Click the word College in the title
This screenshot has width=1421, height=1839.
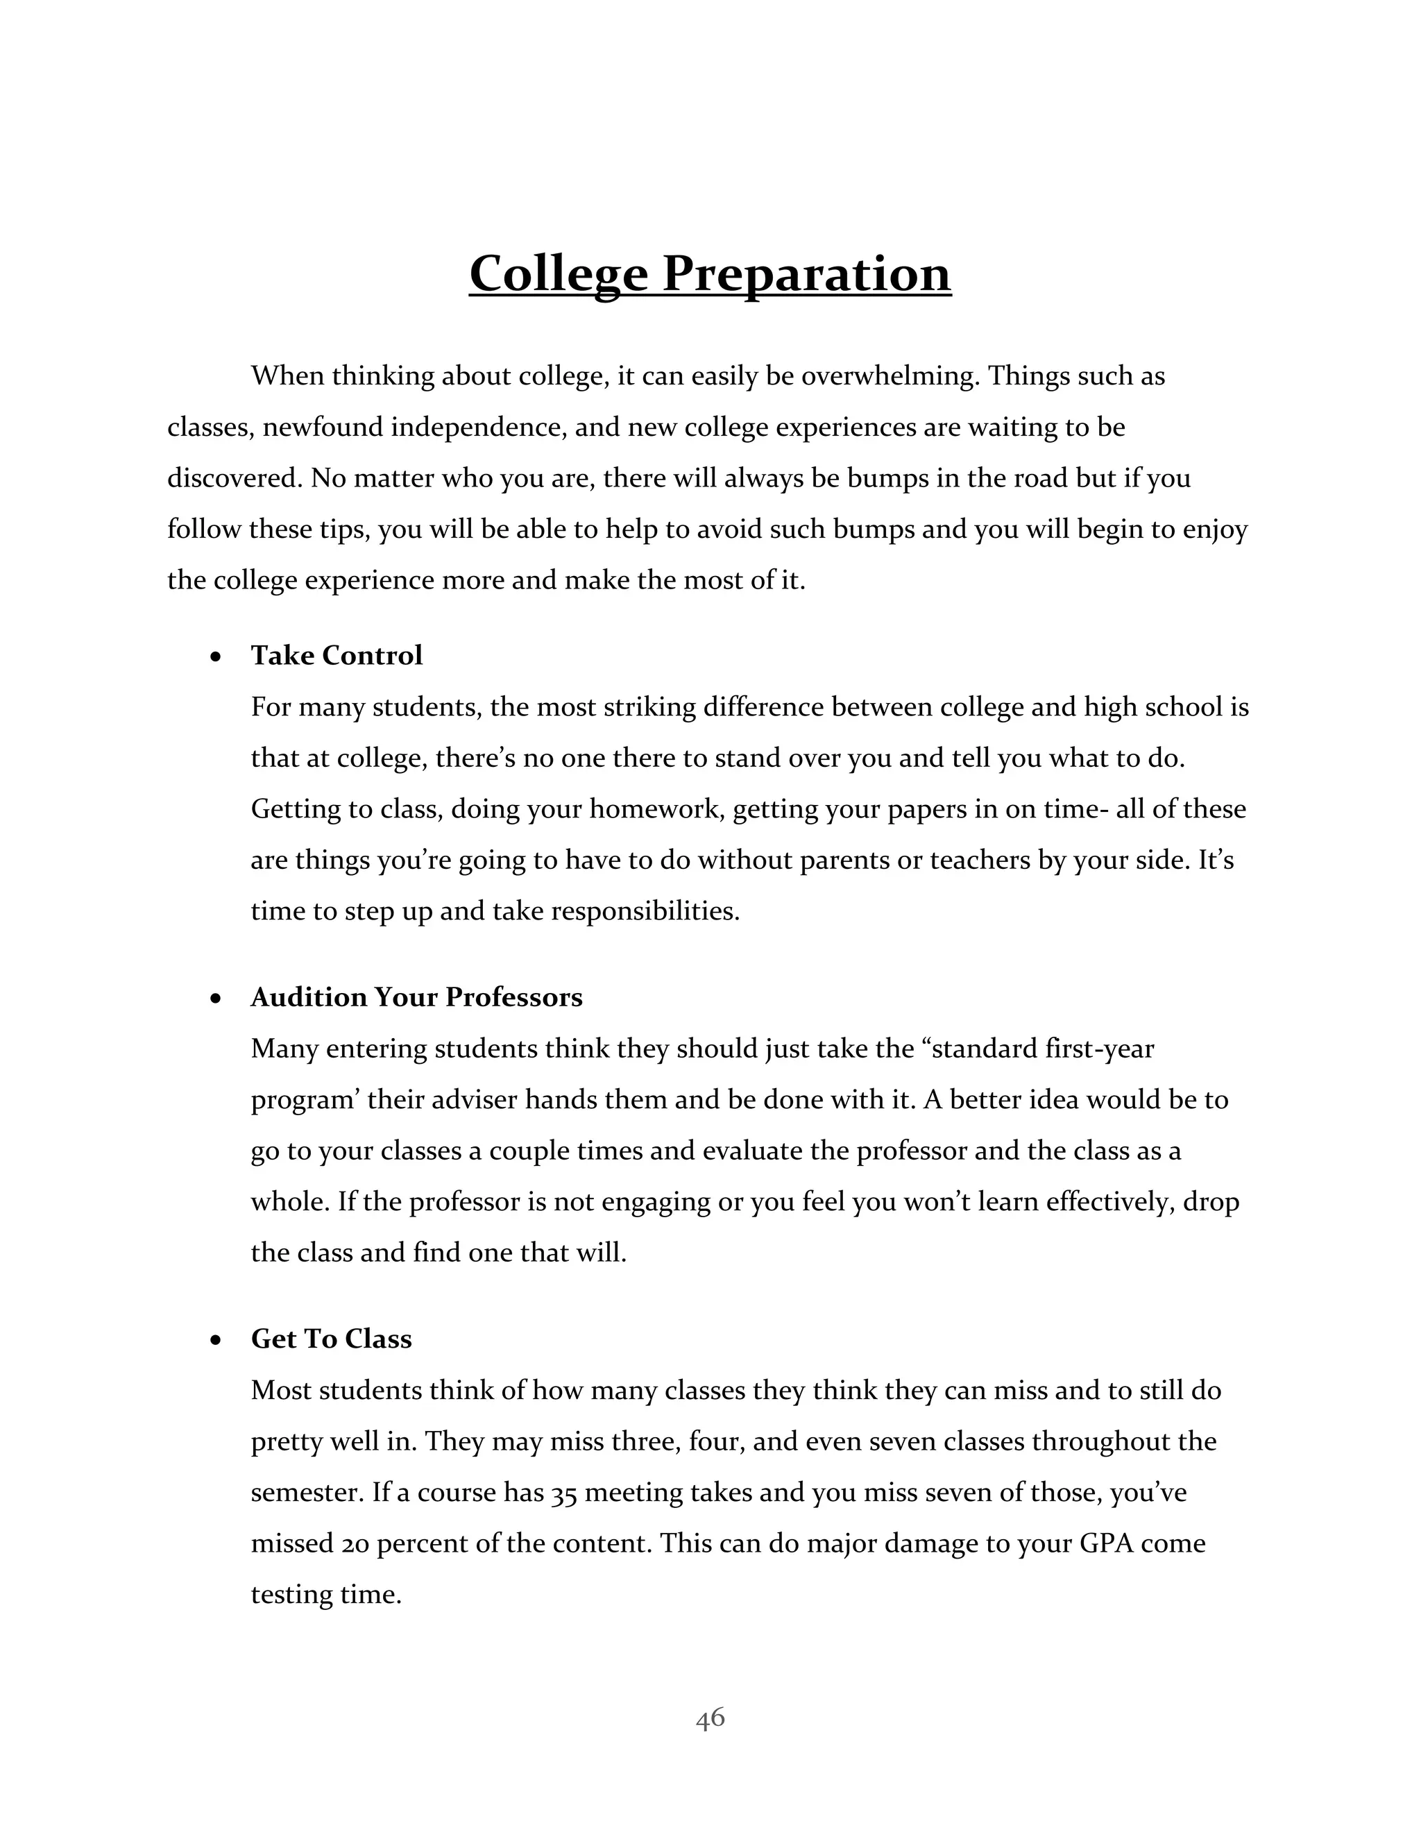pos(557,275)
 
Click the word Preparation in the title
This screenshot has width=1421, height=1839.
pos(806,275)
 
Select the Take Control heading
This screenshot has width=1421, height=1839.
pos(336,655)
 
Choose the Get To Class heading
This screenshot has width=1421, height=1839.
pos(331,1339)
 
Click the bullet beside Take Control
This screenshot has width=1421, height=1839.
pos(216,656)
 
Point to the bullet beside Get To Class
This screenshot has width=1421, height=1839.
pos(216,1341)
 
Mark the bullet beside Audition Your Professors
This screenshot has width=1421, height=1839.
pos(216,999)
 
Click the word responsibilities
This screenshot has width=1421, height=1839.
pos(644,911)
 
